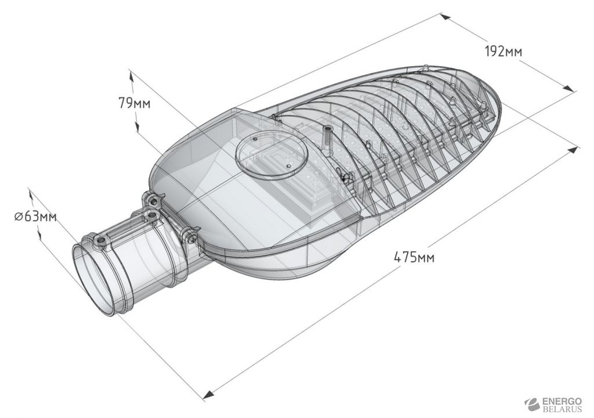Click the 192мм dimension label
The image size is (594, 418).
coord(503,51)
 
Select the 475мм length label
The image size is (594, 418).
coord(414,258)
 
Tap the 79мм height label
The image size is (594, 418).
coord(134,103)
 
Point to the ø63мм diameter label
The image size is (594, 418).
coord(35,217)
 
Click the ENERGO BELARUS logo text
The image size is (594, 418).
coord(562,405)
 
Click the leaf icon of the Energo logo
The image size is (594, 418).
coord(533,404)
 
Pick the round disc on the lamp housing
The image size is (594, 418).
coord(272,155)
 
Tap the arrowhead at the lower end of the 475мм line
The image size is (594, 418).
coord(208,394)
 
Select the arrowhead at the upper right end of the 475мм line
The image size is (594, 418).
coord(573,149)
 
